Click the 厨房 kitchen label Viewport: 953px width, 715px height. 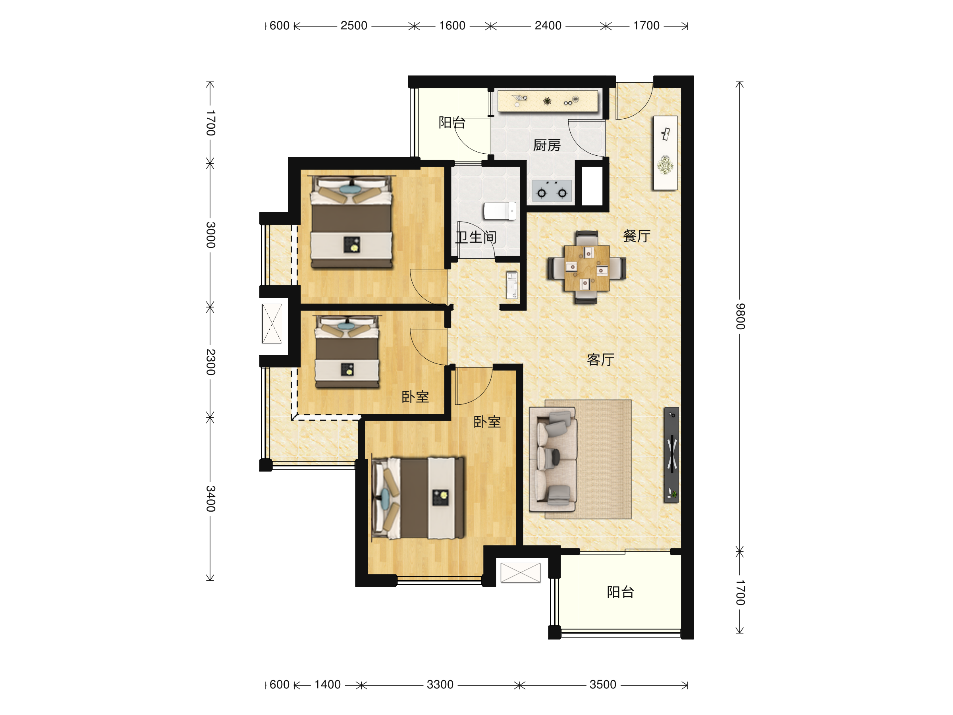point(547,145)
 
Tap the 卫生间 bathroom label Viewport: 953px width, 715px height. point(476,237)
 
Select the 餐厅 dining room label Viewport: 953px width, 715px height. point(637,236)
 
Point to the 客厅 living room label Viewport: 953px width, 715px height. point(600,359)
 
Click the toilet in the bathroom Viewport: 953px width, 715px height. point(500,211)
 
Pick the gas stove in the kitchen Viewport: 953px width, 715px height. point(552,191)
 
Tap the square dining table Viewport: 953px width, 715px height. point(587,268)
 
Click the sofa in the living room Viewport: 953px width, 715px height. point(553,460)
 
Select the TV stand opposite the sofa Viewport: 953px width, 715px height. point(671,455)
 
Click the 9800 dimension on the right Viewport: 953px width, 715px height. point(740,316)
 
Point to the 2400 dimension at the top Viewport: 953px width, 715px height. point(548,26)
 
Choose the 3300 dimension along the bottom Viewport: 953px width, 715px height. point(440,684)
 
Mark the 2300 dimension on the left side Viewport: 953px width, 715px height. point(210,362)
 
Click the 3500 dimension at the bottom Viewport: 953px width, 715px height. point(603,684)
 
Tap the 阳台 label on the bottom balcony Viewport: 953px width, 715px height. point(620,592)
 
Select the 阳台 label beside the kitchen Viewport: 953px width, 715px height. point(452,122)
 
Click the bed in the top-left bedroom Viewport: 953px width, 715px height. point(351,222)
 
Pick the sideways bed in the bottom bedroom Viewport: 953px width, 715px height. point(418,498)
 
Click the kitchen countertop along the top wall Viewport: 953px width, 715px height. point(548,101)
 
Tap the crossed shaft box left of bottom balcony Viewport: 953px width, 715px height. point(521,573)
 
